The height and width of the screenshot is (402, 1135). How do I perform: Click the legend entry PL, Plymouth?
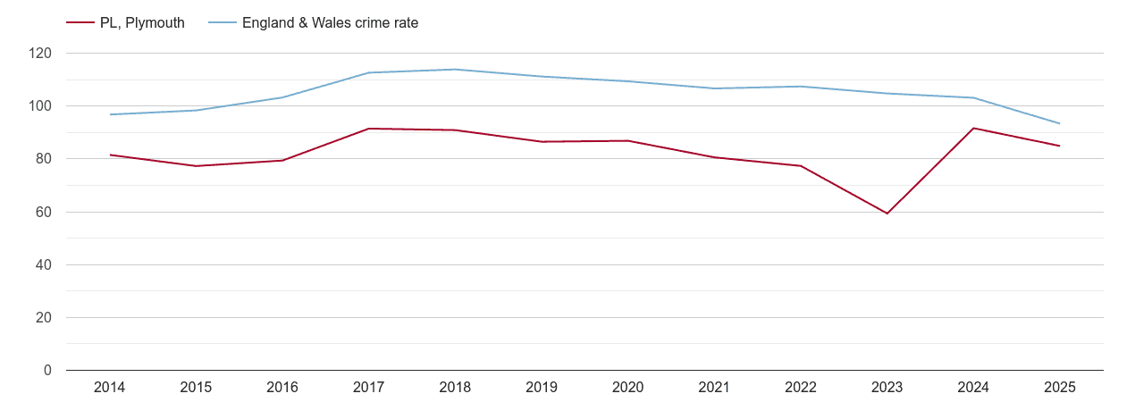(142, 23)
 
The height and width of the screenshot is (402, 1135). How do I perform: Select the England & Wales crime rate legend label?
(330, 23)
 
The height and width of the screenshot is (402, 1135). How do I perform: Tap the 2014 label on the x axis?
(110, 387)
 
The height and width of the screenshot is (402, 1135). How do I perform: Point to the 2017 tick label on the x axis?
(368, 387)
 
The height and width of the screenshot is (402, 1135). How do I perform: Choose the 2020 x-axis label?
(627, 387)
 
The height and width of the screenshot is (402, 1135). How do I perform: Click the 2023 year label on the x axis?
(887, 387)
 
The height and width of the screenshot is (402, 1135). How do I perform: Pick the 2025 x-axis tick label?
(1059, 387)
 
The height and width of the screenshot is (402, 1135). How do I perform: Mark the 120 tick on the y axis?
(40, 54)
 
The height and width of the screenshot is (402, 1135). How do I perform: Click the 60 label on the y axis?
(44, 212)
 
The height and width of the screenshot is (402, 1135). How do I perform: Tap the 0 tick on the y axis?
(47, 371)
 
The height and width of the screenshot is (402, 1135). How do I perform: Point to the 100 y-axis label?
(40, 106)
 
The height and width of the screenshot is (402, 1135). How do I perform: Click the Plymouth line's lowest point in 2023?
(887, 214)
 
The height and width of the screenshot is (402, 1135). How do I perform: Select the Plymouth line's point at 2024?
(973, 128)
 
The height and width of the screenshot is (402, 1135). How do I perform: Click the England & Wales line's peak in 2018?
(455, 70)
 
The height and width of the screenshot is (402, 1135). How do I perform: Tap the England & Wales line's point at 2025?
(1059, 123)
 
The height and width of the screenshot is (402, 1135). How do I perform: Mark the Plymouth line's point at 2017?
(368, 129)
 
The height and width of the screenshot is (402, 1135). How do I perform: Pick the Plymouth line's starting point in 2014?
(110, 155)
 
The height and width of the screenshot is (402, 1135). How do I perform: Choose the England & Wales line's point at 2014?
(110, 114)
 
